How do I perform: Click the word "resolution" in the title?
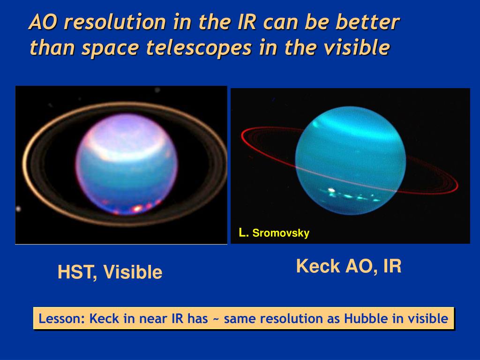[x=115, y=22]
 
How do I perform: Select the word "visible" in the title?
[x=357, y=47]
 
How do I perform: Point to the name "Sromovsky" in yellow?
[x=281, y=233]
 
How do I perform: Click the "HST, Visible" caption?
[x=110, y=272]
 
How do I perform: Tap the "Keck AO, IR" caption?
[x=349, y=266]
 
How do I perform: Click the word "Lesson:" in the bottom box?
[x=61, y=319]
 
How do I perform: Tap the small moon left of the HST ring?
[x=18, y=209]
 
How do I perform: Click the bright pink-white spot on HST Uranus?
[x=137, y=208]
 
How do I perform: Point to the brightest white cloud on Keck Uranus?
[x=331, y=191]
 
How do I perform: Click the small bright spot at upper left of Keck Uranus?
[x=315, y=124]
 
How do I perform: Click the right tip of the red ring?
[x=457, y=186]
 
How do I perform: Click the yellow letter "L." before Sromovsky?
[x=243, y=232]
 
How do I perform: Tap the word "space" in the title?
[x=110, y=49]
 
